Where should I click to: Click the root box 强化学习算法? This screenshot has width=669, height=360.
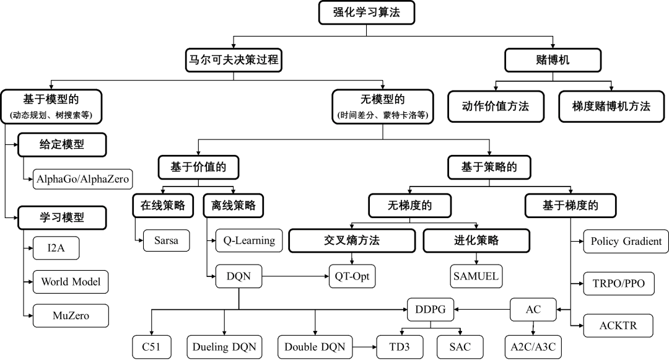366,13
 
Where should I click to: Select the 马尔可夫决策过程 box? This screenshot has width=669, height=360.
234,61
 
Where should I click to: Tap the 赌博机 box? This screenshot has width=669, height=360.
553,61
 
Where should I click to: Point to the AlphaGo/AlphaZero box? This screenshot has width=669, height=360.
83,180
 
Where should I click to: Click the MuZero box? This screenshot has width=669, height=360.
71,315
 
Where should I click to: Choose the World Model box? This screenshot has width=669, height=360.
71,281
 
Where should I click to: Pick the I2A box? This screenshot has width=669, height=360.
56,248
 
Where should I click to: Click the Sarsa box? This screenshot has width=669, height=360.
166,240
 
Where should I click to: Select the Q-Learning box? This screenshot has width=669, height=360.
249,240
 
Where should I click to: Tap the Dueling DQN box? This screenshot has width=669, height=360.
224,347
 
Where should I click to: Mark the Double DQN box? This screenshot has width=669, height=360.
315,347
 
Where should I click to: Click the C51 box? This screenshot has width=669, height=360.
151,347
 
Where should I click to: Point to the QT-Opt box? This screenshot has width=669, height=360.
352,276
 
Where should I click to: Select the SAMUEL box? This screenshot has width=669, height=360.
476,276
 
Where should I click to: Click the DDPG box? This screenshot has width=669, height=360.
431,309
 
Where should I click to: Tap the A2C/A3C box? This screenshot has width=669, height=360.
533,347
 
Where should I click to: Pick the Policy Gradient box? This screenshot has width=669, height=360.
626,242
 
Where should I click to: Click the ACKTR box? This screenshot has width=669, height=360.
618,325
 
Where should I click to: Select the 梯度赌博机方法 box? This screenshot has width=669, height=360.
611,107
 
